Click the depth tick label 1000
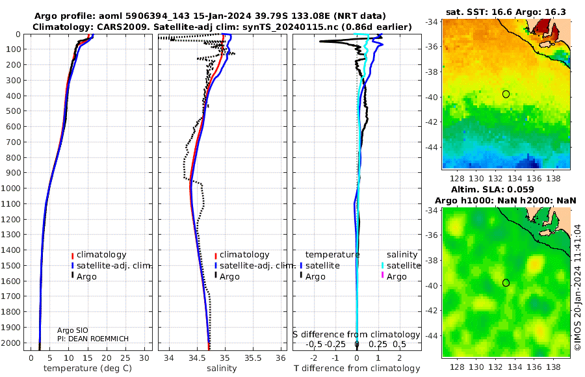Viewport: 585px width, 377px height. (x=11, y=188)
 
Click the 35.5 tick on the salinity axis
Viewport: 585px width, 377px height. (x=253, y=358)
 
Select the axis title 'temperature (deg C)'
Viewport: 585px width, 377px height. (x=88, y=369)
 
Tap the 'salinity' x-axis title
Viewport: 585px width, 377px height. (x=222, y=369)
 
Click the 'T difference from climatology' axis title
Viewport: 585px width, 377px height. (x=357, y=369)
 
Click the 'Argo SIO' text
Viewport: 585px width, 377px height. (x=73, y=330)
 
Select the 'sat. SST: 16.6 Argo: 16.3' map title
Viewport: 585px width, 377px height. (x=506, y=12)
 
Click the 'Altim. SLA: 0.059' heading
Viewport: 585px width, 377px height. (x=493, y=190)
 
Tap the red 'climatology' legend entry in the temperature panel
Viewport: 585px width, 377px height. (x=99, y=255)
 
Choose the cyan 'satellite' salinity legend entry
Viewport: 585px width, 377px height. (x=400, y=266)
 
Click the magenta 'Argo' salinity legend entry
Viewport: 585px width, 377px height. (x=394, y=277)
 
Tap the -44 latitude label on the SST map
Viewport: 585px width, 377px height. (x=432, y=147)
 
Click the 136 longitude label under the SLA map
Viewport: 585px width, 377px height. (x=534, y=367)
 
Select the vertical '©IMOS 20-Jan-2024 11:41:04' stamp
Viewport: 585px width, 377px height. (x=578, y=287)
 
